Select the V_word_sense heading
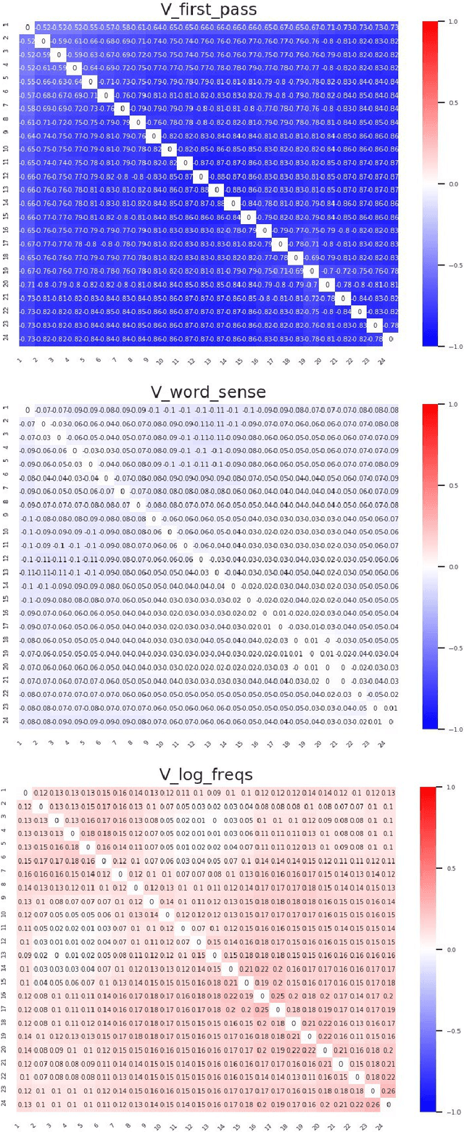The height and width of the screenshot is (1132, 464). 210,392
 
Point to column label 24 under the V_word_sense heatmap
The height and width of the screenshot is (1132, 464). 391,739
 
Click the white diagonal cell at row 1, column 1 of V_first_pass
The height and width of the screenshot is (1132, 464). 27,28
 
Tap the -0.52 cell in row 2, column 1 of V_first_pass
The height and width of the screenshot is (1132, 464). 27,41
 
